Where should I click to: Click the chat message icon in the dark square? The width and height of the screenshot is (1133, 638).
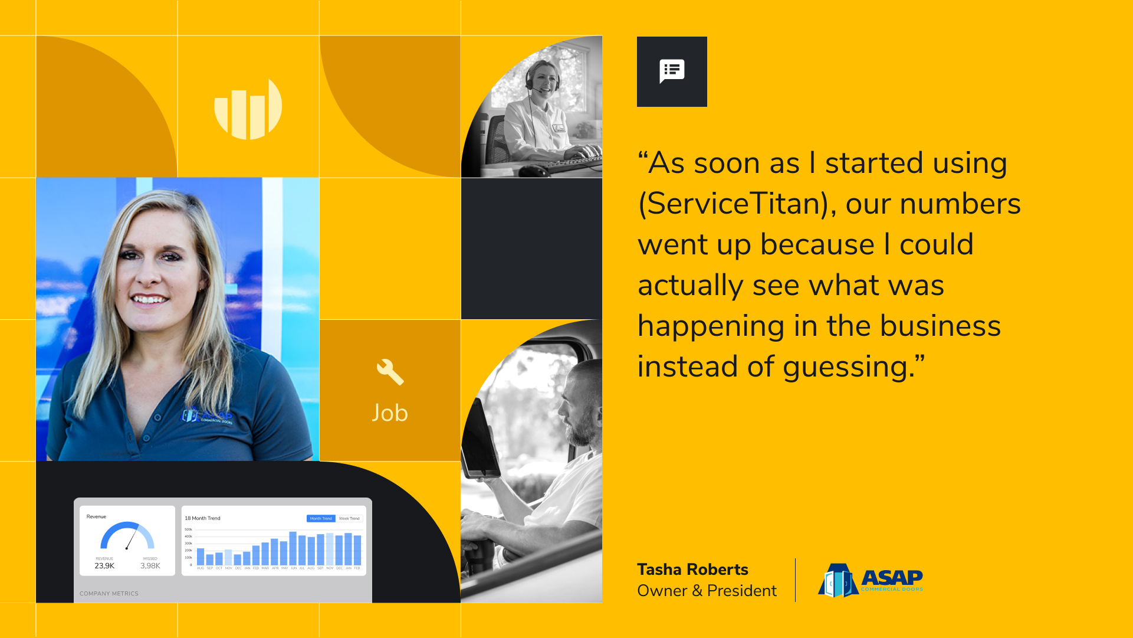(x=672, y=71)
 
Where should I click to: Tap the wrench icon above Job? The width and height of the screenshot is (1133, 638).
(x=390, y=372)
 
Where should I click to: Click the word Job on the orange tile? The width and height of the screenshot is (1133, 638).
(x=390, y=413)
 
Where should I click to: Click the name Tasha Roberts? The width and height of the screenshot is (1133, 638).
(x=692, y=570)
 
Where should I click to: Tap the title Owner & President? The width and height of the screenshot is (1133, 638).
(x=707, y=591)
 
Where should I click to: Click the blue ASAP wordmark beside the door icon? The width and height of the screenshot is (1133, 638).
(x=892, y=577)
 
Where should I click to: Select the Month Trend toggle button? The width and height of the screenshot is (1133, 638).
(x=321, y=519)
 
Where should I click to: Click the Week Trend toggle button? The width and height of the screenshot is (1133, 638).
(x=349, y=519)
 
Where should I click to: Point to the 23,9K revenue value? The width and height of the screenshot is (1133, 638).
(x=104, y=566)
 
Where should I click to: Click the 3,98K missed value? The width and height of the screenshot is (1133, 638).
(x=150, y=566)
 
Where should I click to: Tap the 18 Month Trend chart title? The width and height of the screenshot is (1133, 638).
(x=202, y=518)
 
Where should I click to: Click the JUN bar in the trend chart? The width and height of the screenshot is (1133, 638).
(x=293, y=548)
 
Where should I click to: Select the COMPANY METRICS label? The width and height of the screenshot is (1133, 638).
(x=109, y=594)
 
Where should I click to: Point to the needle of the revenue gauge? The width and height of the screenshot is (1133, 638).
(x=132, y=538)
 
